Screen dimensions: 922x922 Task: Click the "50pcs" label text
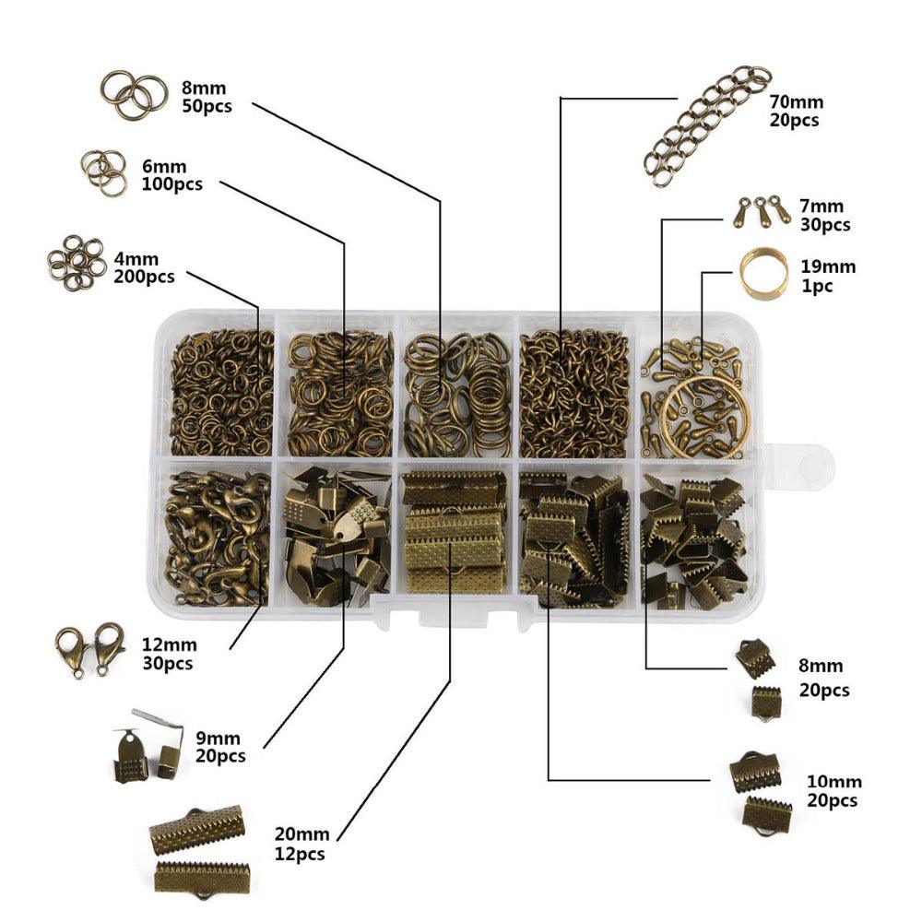click(x=207, y=107)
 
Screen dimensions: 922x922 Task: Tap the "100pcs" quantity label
click(x=172, y=184)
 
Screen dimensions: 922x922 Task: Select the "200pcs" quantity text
click(x=144, y=277)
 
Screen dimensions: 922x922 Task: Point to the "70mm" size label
click(x=797, y=101)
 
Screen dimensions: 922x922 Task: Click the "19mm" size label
click(x=828, y=267)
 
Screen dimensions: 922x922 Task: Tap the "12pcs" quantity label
click(x=300, y=855)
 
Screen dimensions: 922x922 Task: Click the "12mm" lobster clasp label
click(x=170, y=645)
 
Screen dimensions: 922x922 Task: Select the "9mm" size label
click(x=218, y=739)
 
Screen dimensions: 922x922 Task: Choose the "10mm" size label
click(x=833, y=782)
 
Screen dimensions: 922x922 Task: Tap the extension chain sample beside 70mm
click(x=707, y=125)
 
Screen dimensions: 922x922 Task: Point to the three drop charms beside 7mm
click(x=762, y=212)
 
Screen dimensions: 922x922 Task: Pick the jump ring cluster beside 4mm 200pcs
click(x=77, y=263)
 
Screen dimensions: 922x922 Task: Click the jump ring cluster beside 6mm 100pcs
click(x=103, y=173)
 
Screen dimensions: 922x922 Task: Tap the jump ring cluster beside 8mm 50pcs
click(x=131, y=95)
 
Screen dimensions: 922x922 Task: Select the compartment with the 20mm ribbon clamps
click(x=454, y=533)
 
